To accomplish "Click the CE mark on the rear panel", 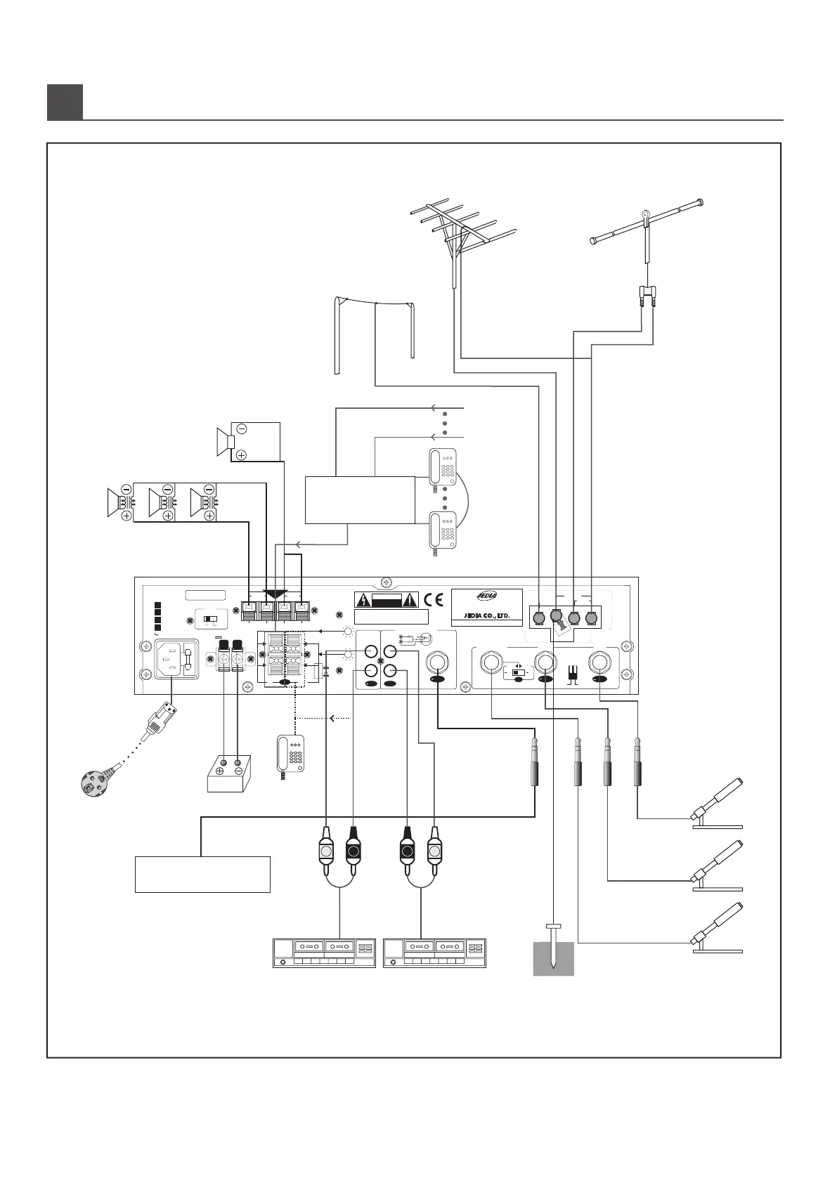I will click(434, 600).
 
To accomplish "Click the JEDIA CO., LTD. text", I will click(486, 616).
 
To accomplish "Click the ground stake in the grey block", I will click(554, 948).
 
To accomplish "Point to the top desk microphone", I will click(717, 801).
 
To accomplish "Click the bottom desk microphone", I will click(717, 924).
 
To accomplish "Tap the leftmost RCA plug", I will click(327, 851).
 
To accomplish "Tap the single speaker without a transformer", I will click(226, 440).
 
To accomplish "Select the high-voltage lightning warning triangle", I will click(363, 600).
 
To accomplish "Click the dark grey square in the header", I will click(65, 102).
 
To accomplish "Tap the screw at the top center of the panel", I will click(385, 582).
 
